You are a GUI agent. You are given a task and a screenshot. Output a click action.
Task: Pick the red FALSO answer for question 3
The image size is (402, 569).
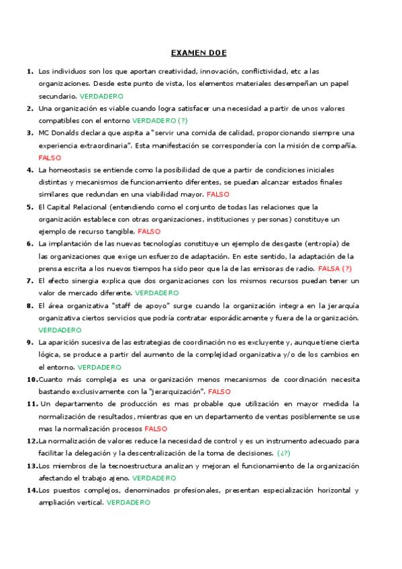(50, 158)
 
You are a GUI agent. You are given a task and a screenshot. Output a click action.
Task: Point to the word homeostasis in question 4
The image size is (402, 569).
(70, 170)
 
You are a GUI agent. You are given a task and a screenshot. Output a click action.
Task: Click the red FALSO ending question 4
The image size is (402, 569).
(218, 194)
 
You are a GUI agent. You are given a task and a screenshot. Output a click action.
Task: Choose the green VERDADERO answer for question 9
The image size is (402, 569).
(99, 367)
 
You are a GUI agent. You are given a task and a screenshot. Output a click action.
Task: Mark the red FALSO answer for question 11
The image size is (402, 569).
(156, 428)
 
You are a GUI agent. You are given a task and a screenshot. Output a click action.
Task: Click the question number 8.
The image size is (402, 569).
(30, 305)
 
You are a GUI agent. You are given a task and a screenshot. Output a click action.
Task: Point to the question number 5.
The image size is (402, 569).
(30, 207)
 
